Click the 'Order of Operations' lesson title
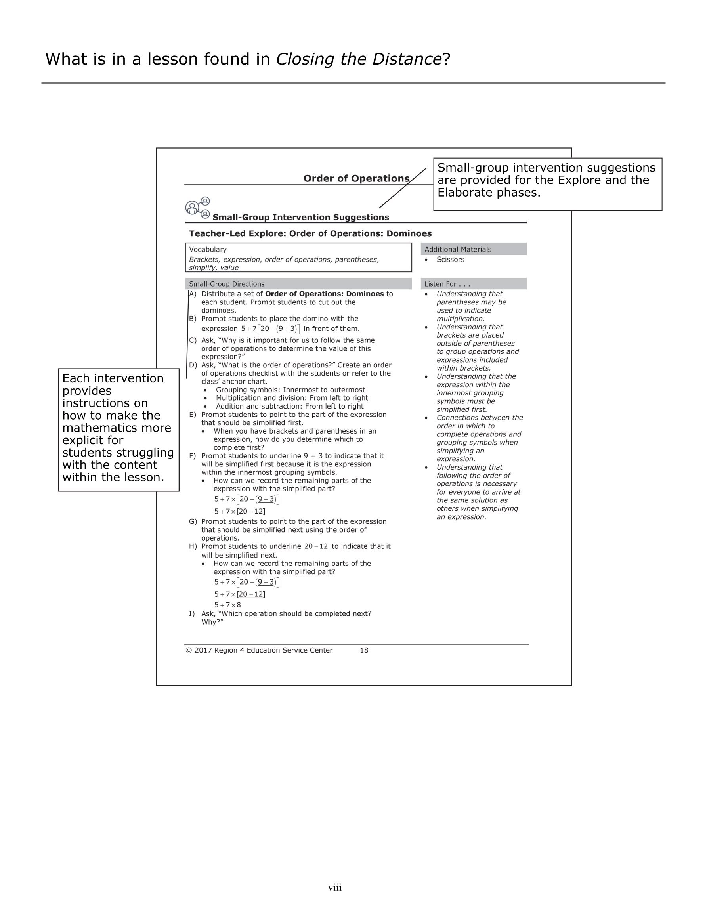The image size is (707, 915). pos(356,178)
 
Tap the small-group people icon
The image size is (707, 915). pos(197,207)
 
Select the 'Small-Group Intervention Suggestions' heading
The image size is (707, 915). pos(300,217)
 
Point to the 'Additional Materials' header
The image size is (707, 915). pos(458,249)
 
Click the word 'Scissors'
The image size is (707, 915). pos(450,259)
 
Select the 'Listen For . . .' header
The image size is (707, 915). pos(447,284)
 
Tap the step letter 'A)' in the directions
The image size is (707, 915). pos(193,294)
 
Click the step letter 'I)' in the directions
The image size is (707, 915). pos(192,613)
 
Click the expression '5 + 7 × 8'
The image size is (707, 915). pos(227,605)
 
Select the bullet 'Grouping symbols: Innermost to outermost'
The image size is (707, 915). pos(290,390)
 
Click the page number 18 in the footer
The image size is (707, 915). pos(364,650)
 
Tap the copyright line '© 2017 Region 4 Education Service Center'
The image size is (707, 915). pos(259,650)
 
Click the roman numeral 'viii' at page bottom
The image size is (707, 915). pos(335,887)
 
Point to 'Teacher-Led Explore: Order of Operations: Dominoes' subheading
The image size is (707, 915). pos(310,233)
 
